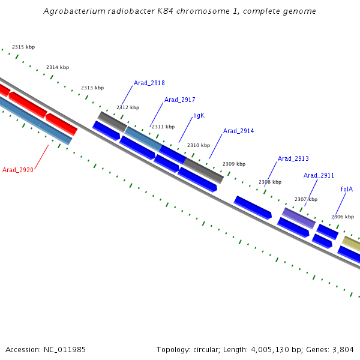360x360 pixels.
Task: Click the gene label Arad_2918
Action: click(x=149, y=83)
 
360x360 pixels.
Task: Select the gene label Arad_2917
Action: click(x=179, y=100)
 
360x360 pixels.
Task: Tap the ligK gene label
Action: click(x=199, y=115)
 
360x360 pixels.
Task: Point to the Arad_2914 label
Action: click(x=238, y=131)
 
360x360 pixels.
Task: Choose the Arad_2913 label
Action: click(x=293, y=159)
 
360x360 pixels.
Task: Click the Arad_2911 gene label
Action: click(x=319, y=175)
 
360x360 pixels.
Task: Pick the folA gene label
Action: click(x=346, y=189)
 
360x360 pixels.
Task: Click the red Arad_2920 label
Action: click(x=18, y=170)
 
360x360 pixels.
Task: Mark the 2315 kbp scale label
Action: click(x=23, y=47)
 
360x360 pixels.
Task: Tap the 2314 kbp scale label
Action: click(x=58, y=67)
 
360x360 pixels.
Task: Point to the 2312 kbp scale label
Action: click(x=127, y=107)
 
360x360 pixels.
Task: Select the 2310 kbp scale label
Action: click(x=199, y=145)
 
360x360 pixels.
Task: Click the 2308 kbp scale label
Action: click(x=269, y=182)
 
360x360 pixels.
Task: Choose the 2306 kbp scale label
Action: click(x=342, y=217)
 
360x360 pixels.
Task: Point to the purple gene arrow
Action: click(x=299, y=218)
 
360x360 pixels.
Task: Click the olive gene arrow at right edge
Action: click(x=352, y=244)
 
